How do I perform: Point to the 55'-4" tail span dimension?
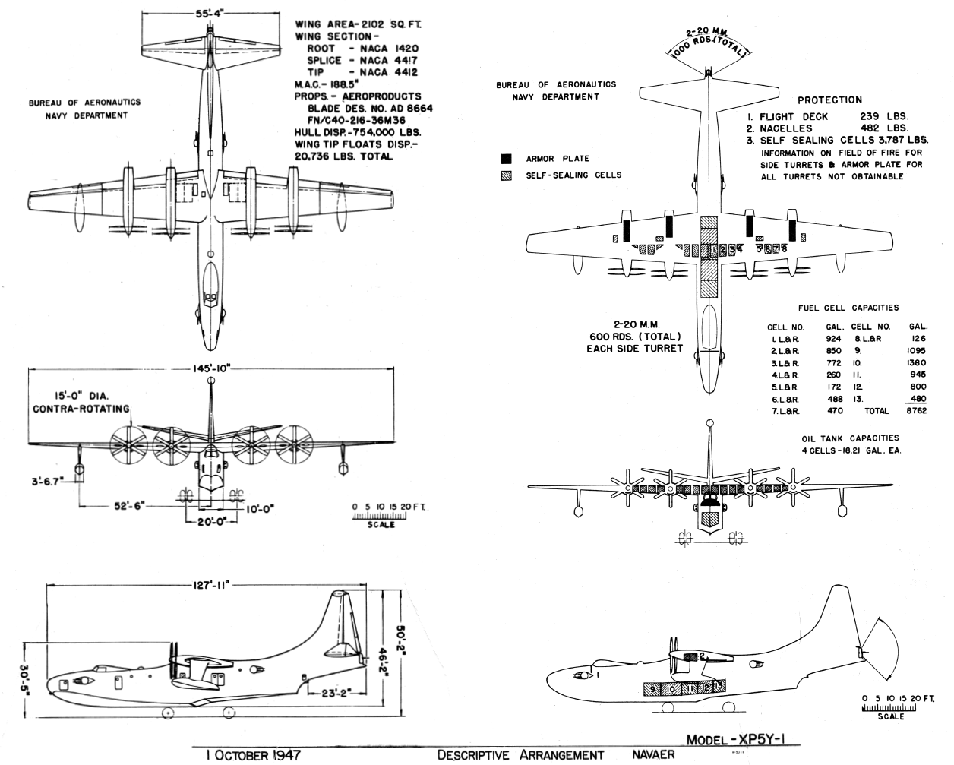tap(208, 13)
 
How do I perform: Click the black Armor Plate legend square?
tap(507, 159)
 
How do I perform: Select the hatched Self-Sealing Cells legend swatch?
tap(507, 175)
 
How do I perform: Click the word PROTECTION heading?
tap(829, 100)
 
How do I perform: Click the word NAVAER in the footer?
tap(653, 755)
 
